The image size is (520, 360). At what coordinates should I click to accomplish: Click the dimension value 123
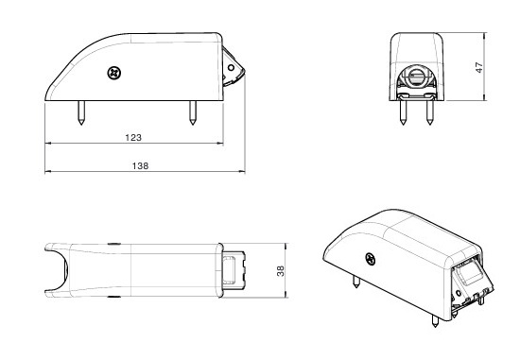[x=133, y=137]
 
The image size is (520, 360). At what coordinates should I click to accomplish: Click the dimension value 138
[x=140, y=165]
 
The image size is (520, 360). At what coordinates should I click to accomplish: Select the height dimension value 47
[x=479, y=67]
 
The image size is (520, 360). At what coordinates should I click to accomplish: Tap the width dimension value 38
[x=281, y=271]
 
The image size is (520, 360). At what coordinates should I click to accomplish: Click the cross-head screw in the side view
[x=114, y=73]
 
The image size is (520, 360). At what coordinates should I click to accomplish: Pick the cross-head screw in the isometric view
[x=371, y=259]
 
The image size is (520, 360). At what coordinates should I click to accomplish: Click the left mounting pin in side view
[x=81, y=112]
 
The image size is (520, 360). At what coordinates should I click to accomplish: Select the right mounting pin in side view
[x=193, y=112]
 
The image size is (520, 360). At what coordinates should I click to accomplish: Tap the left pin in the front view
[x=403, y=112]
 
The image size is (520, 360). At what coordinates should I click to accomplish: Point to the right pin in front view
[x=430, y=112]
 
